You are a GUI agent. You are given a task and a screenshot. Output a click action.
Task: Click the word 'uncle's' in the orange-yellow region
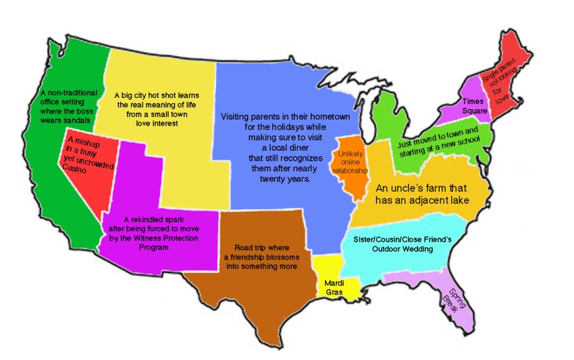[413, 188]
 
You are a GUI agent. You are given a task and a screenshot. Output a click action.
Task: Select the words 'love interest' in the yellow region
[155, 124]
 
